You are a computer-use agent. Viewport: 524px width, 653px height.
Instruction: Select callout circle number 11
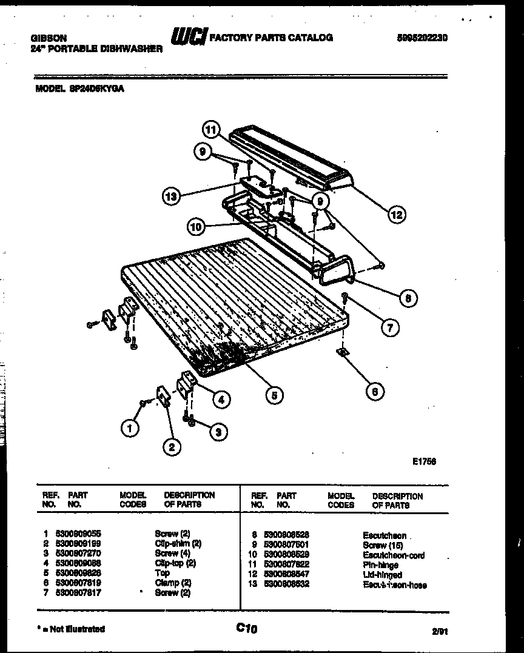click(210, 130)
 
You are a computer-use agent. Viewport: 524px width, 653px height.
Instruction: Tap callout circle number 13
click(171, 196)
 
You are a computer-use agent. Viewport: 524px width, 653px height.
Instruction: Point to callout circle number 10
click(195, 227)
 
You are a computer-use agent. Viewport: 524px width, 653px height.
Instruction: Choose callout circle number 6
click(374, 392)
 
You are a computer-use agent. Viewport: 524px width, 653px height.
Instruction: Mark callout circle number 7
click(389, 328)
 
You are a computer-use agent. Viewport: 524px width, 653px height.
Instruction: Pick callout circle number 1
click(129, 428)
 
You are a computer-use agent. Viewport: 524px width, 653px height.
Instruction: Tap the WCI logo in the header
click(188, 38)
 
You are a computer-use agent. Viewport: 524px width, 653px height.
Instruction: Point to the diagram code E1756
click(425, 461)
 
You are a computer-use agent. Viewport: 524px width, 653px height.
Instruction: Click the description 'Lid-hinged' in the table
click(382, 575)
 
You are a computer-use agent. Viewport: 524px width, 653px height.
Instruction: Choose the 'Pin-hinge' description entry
click(380, 565)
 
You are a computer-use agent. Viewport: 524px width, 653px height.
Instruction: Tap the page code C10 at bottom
click(247, 629)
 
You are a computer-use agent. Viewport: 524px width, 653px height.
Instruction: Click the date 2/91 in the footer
click(440, 631)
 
